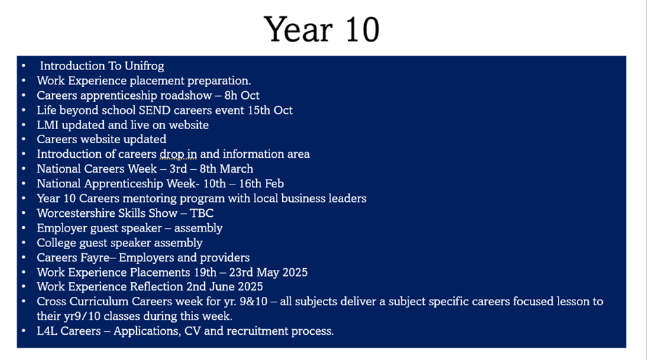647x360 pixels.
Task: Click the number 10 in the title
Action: pyautogui.click(x=362, y=29)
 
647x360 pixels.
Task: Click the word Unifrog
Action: pyautogui.click(x=144, y=66)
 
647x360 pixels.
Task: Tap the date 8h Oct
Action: pyautogui.click(x=242, y=95)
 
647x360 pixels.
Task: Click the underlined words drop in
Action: pyautogui.click(x=178, y=154)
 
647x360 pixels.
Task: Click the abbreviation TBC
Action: pyautogui.click(x=202, y=213)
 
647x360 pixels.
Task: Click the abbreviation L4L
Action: pyautogui.click(x=46, y=331)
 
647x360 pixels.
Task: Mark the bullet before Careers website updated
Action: pyautogui.click(x=24, y=140)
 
